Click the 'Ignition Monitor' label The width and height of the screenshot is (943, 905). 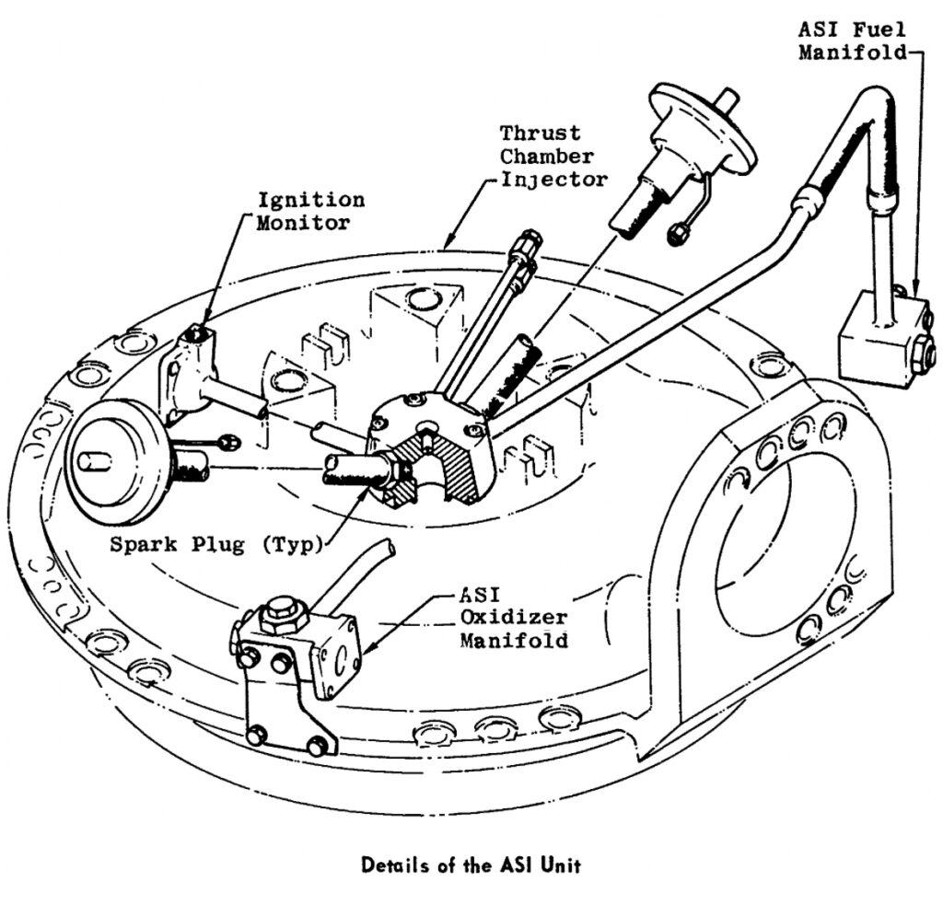(x=310, y=211)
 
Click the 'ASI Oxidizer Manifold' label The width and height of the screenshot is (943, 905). (x=514, y=618)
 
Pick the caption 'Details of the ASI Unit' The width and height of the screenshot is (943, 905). (x=471, y=864)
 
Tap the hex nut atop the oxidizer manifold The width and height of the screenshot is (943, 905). (x=277, y=612)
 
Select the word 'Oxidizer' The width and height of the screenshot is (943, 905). (x=514, y=618)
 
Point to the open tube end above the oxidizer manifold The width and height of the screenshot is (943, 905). (x=388, y=550)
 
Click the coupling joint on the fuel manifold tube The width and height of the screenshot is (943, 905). (x=809, y=197)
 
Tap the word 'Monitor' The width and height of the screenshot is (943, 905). (x=310, y=222)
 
